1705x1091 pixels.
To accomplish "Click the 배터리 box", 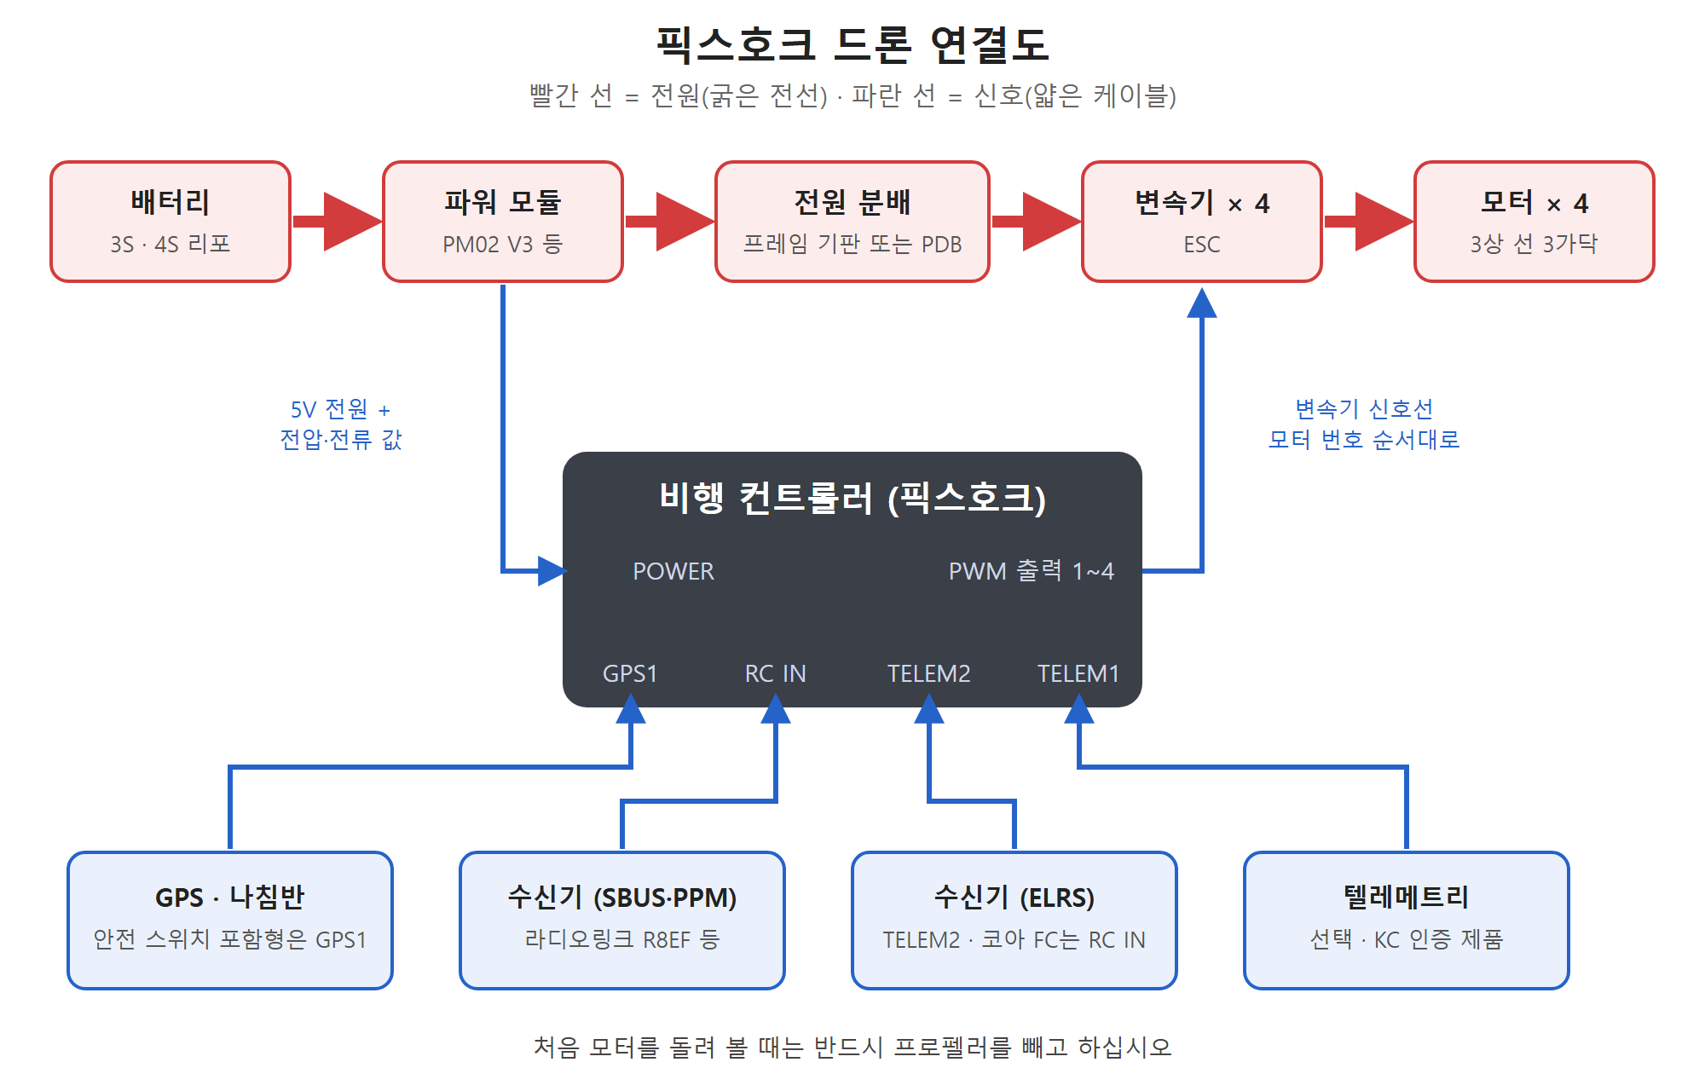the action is [x=170, y=222].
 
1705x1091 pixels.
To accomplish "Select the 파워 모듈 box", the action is [x=503, y=222].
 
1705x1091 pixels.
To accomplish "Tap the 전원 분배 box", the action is [x=852, y=222].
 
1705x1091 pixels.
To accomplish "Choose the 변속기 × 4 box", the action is [x=1202, y=222].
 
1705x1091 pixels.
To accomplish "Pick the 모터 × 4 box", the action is [x=1534, y=222].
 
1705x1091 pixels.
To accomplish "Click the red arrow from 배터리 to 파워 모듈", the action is [x=337, y=222].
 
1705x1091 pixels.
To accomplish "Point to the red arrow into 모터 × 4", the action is [x=1368, y=222].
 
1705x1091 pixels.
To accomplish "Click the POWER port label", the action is [x=673, y=571].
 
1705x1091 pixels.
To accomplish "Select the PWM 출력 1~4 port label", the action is [x=1031, y=571].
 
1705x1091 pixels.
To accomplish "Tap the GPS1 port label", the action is [x=630, y=673].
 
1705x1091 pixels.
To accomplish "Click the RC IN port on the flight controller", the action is [x=775, y=673].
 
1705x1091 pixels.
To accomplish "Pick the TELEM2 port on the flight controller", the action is [x=928, y=673].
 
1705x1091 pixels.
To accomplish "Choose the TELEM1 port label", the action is [x=1078, y=673].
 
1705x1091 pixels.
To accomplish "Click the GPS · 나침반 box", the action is [x=230, y=921].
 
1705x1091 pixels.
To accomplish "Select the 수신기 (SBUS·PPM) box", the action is [x=622, y=921].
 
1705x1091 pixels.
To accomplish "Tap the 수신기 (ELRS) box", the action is [x=1014, y=921].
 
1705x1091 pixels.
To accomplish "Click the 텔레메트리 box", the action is [x=1407, y=921].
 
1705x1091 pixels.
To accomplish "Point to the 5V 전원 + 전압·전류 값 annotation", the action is [x=341, y=424].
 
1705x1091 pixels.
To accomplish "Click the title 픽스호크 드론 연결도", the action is [x=852, y=44].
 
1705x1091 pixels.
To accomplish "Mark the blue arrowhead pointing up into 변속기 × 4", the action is [x=1202, y=303].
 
